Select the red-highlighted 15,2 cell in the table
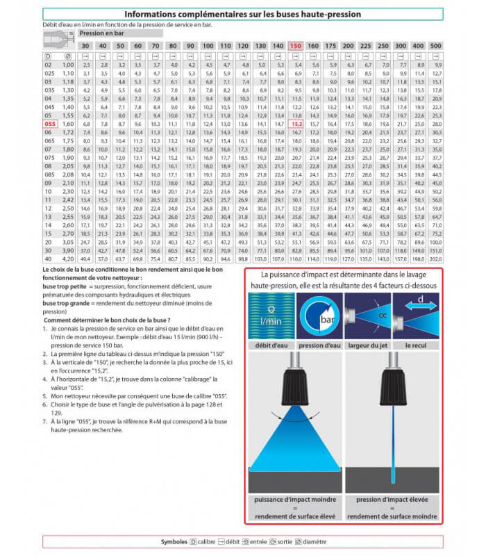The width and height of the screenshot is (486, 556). click(296, 123)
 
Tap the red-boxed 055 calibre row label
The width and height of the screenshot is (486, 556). click(49, 123)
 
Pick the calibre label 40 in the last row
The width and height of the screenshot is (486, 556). click(49, 259)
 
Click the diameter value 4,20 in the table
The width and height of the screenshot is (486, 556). click(68, 259)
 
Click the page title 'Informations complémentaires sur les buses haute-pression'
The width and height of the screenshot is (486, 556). click(242, 14)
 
